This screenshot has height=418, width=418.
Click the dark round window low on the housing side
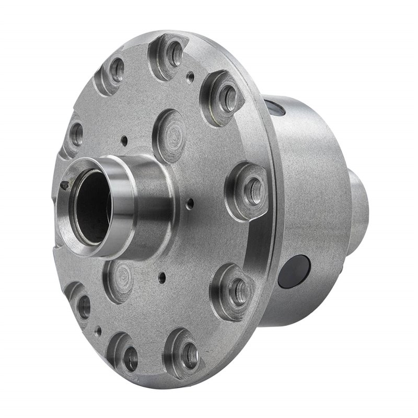click(294, 272)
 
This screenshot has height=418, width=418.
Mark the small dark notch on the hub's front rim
click(64, 184)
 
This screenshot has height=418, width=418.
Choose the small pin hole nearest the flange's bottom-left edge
click(98, 330)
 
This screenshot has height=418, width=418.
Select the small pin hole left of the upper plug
click(124, 140)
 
